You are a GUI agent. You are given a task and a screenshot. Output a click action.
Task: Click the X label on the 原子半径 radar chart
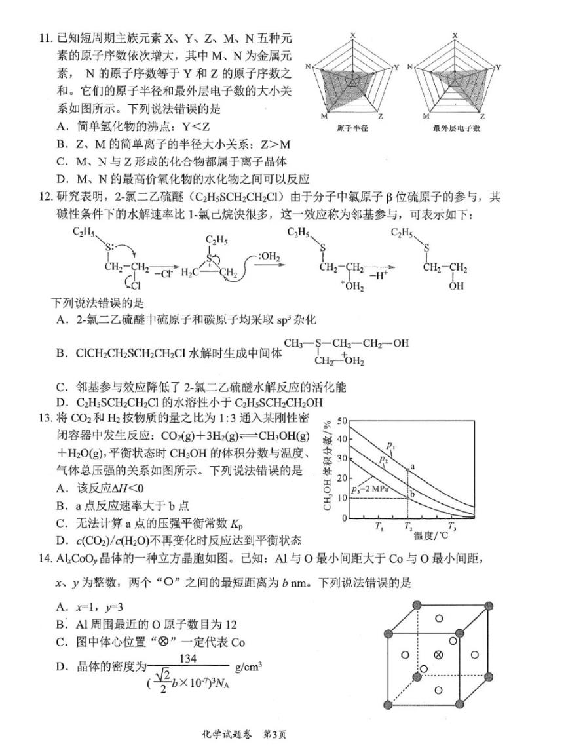tap(352, 35)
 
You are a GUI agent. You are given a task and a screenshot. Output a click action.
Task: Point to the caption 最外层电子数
tap(457, 128)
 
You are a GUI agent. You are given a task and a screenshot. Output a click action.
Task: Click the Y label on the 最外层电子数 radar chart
tap(499, 67)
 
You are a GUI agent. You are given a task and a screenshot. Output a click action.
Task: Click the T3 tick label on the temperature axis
tap(451, 526)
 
